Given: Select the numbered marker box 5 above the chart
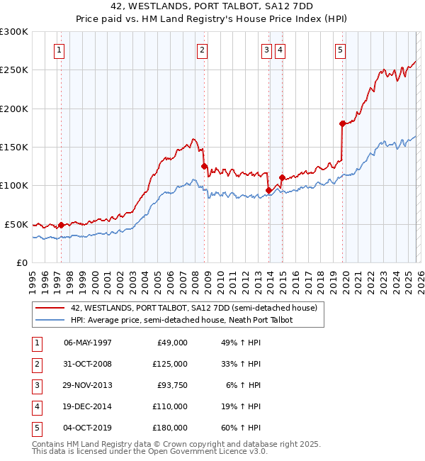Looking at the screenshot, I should [x=340, y=50].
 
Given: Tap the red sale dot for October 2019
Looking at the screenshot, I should [x=342, y=123].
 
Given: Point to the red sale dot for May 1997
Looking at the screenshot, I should [x=62, y=225].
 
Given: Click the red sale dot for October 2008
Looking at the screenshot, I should [x=204, y=166].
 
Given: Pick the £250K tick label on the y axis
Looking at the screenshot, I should [x=14, y=70].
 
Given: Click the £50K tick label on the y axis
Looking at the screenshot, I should [x=17, y=224].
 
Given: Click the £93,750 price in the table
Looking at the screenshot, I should [x=171, y=385].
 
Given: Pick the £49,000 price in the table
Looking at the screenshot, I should [x=171, y=343].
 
